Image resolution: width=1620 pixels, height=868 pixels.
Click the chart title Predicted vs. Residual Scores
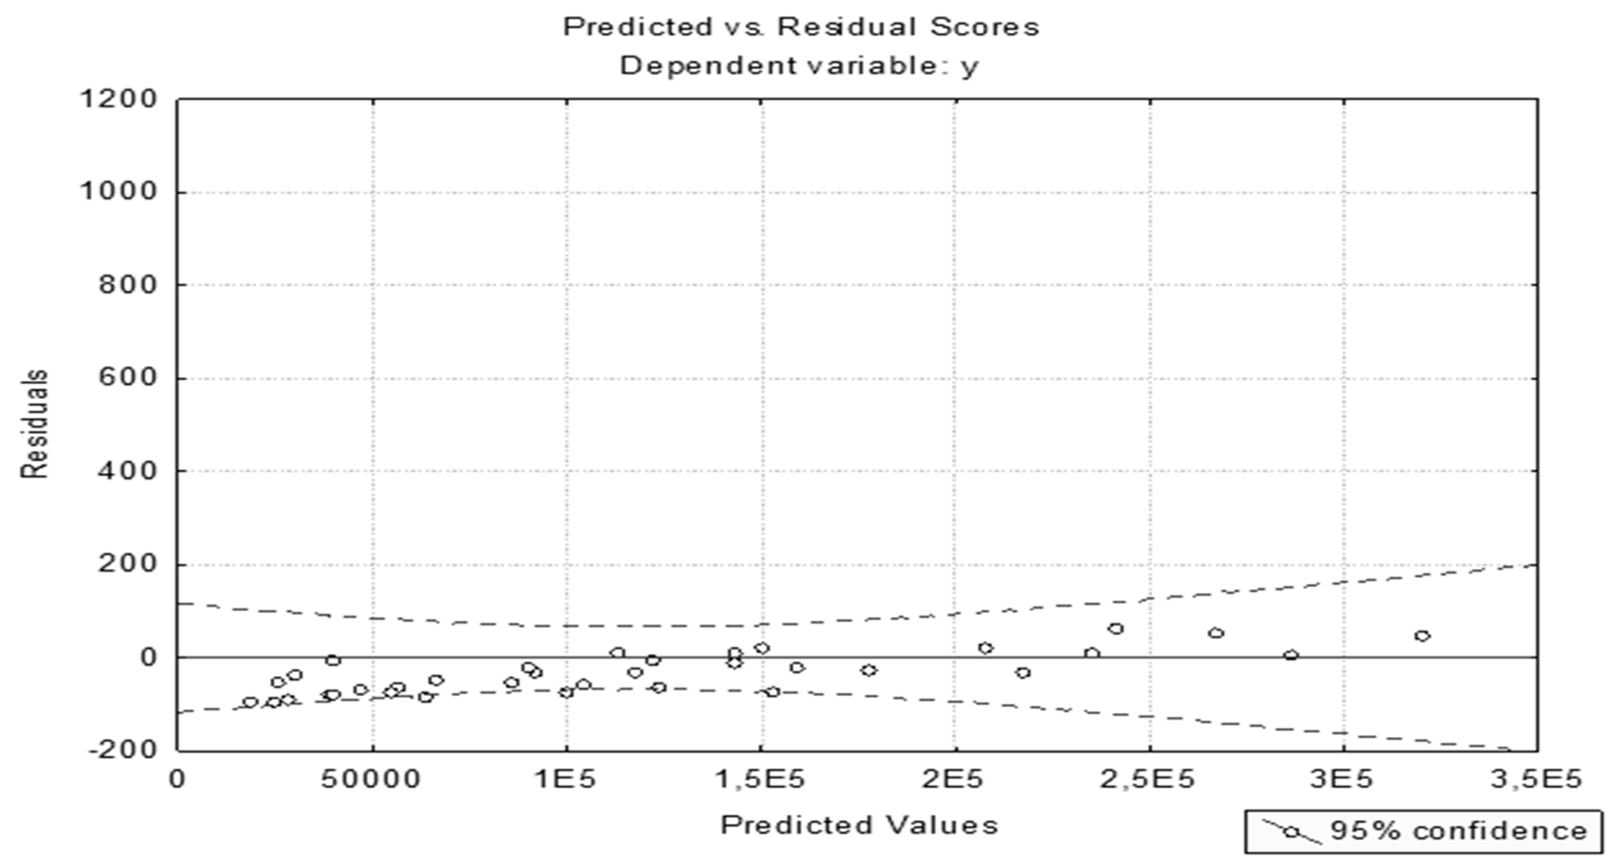coord(800,27)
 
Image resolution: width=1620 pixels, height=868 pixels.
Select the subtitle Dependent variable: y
coord(799,66)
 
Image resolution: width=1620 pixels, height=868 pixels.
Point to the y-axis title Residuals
coord(35,424)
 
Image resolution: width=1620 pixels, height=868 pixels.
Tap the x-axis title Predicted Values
coord(859,825)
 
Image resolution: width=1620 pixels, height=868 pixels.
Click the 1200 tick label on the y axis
coord(118,99)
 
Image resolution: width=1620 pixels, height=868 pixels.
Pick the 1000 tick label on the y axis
coord(118,191)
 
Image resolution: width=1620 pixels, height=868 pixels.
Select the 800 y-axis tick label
coord(127,284)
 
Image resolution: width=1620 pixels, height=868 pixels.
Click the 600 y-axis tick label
coord(127,377)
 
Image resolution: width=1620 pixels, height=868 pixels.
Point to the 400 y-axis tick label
coord(127,470)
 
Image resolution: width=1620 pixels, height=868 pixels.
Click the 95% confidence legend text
coord(1458,831)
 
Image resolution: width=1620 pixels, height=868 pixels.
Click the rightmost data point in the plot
coord(1423,636)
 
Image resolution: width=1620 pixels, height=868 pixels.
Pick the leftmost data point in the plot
coord(250,702)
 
